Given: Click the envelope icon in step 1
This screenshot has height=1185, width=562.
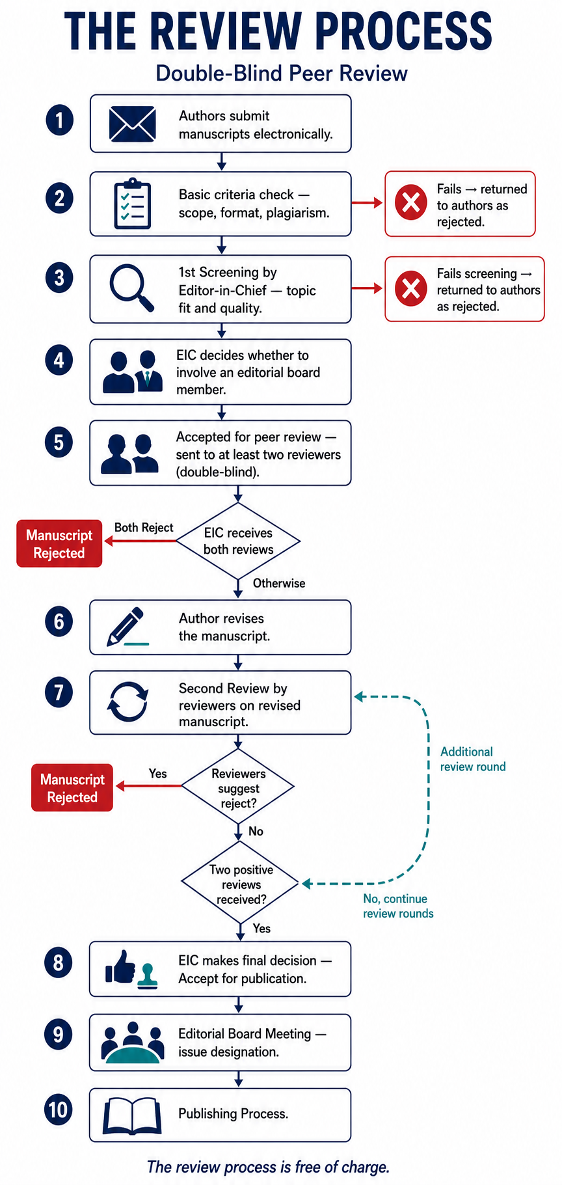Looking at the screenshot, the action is point(132,124).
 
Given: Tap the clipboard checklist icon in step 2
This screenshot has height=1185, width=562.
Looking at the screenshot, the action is point(133,204).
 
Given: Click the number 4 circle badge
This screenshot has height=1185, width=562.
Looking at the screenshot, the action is point(59,360).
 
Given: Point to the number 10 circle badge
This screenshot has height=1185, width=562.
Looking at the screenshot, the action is point(59,1109).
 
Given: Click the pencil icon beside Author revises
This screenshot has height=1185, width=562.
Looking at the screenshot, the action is point(127,627).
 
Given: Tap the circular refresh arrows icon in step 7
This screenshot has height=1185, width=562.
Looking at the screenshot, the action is point(127,702).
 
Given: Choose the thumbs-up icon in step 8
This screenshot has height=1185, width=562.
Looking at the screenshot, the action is point(120,967).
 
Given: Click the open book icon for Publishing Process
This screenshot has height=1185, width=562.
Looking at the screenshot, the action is point(132,1115).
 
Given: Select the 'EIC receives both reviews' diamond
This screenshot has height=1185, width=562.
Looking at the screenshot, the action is point(239,541).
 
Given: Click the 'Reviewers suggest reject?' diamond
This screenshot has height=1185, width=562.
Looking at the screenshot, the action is point(238,787).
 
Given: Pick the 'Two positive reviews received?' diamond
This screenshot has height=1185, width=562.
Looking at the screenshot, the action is point(240,883).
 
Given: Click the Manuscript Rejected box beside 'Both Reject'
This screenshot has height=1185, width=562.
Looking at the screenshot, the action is point(59,543).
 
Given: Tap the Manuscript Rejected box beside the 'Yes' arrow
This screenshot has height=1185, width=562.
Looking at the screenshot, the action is point(72,787).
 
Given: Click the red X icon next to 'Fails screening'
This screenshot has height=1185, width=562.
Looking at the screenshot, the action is point(411,288).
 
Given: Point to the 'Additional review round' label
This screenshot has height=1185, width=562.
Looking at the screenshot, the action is point(473,759).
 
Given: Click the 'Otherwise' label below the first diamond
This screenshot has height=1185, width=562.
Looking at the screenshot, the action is point(279,583).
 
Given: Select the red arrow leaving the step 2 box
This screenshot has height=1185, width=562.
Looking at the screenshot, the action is point(368,203).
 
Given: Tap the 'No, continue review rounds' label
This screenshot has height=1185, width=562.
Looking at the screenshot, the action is point(398,906).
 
